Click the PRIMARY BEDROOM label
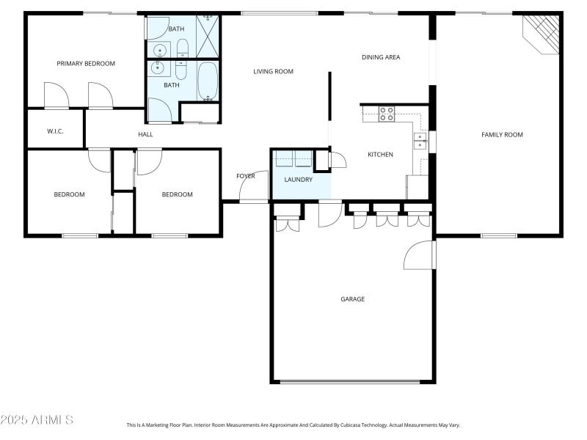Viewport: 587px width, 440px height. (x=86, y=64)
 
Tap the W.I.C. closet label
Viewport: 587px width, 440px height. (x=56, y=131)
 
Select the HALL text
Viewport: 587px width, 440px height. (x=145, y=135)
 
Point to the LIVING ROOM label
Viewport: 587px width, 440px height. (x=273, y=71)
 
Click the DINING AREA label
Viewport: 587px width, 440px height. (x=381, y=57)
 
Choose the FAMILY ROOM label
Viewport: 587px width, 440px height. (x=502, y=134)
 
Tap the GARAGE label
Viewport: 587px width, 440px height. (x=352, y=298)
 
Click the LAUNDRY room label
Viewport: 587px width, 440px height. (x=299, y=180)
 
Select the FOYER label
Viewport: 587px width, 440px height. (x=245, y=176)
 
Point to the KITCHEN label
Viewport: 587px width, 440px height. (x=380, y=155)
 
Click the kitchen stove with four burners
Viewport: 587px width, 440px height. (x=387, y=114)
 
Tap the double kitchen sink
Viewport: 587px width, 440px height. (x=420, y=141)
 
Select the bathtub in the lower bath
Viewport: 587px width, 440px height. (x=208, y=81)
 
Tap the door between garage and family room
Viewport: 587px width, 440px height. (x=420, y=255)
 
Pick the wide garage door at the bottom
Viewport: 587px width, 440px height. (x=350, y=381)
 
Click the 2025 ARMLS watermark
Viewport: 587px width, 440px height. (x=37, y=420)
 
